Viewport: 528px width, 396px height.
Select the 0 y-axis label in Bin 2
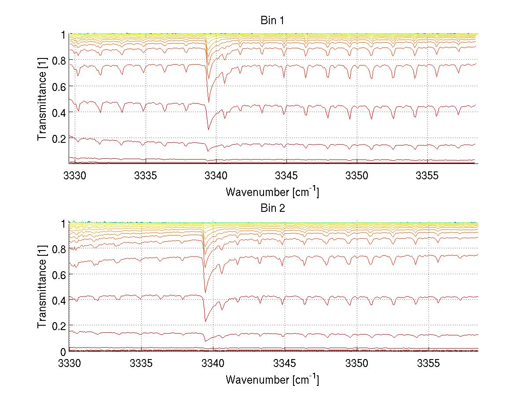(x=63, y=352)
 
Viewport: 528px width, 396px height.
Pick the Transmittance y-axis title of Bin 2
(x=42, y=287)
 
